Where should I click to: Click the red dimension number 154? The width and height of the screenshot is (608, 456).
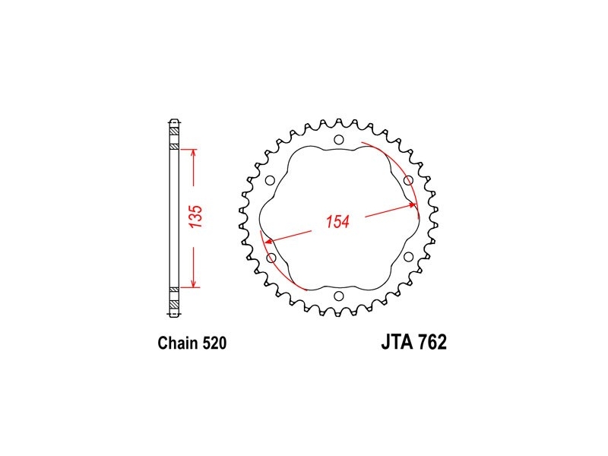337,221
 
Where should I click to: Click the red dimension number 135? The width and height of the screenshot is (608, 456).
197,217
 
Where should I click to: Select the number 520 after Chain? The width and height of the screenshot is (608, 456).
214,344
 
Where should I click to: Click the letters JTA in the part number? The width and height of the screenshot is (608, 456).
397,342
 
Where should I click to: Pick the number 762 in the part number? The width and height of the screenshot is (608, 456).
432,342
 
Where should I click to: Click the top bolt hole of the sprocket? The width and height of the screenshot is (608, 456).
338,140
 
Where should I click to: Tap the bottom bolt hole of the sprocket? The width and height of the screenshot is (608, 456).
338,296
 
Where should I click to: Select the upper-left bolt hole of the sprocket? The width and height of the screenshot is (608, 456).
270,180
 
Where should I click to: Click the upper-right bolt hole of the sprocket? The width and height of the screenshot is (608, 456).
408,180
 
